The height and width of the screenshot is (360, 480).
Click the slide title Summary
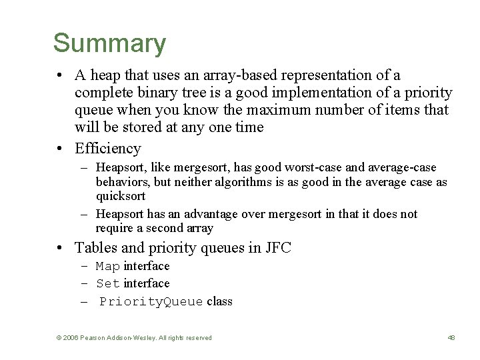[109, 43]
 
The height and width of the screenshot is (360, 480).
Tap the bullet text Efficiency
[108, 148]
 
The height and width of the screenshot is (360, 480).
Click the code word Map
[108, 267]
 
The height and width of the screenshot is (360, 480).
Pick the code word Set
[108, 284]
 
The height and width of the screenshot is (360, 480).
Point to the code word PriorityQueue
[151, 301]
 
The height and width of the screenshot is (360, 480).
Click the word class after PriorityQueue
[219, 301]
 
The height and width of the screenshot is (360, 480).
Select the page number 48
[451, 338]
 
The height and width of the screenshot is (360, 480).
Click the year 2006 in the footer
[69, 338]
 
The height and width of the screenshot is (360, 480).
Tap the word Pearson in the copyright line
[94, 338]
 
